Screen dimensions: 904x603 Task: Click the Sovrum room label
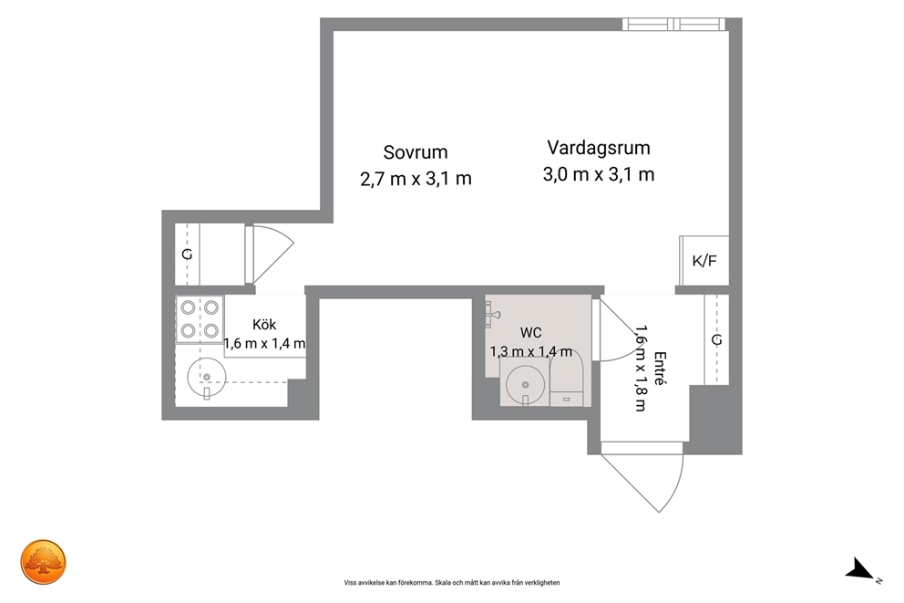tap(416, 152)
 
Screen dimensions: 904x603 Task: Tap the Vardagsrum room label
tap(599, 149)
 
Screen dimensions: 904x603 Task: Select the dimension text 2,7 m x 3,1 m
tap(416, 179)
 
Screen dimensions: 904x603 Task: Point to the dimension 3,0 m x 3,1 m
tap(599, 174)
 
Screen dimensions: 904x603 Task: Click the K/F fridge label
tap(704, 261)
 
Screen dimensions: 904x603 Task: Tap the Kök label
tap(264, 324)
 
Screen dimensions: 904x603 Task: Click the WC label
tap(530, 333)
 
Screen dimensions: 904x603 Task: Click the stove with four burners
tap(200, 319)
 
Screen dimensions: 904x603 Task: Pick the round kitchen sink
tap(206, 378)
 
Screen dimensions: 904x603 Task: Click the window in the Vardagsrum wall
tap(673, 25)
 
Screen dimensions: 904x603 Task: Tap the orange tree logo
tap(44, 562)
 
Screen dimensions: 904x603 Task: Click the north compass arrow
tap(861, 569)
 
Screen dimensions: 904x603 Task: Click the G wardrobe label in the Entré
tap(716, 340)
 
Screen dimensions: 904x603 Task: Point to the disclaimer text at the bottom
tap(452, 583)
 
